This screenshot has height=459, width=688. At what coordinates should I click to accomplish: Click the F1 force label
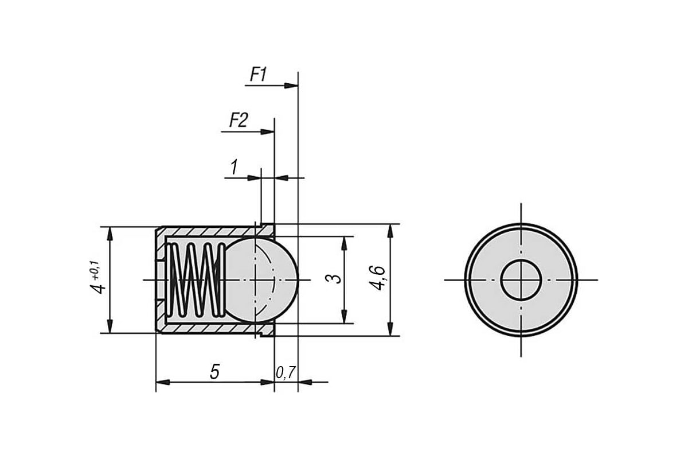pos(259,75)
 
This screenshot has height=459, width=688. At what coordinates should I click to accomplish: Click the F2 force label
pos(239,120)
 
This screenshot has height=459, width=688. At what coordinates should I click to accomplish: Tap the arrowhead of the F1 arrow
pos(291,85)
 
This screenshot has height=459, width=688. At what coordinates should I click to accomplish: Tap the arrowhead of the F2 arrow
pos(268,132)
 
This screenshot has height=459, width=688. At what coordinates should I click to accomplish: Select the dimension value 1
pos(234,167)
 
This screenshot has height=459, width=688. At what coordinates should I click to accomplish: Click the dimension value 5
pos(214,372)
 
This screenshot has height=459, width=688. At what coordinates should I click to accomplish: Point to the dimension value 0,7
pos(286,373)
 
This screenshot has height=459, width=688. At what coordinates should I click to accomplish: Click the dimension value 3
pos(333,278)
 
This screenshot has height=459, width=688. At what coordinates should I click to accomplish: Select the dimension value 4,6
pos(377,277)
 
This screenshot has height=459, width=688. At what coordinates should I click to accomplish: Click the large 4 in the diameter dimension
pos(98,289)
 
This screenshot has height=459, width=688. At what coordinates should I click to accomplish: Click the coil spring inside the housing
pos(196,280)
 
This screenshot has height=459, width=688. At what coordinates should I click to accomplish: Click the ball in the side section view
pos(261,280)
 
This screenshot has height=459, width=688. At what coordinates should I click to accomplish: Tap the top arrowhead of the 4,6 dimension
pos(390,231)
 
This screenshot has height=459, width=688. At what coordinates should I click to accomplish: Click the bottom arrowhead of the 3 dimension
pos(345,316)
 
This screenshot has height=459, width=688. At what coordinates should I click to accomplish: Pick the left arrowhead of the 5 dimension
pos(163,383)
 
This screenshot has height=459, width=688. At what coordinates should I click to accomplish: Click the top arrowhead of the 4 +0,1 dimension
pos(110,234)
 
